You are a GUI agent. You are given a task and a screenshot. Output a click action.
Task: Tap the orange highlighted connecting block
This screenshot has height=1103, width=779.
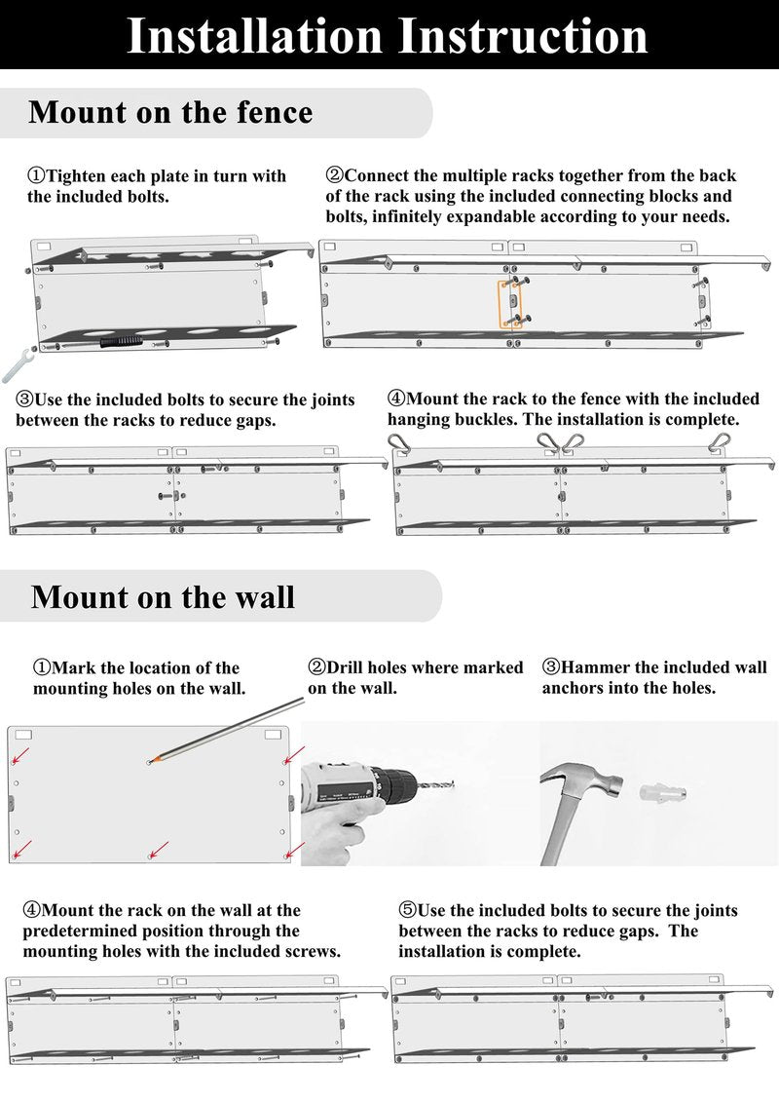[510, 304]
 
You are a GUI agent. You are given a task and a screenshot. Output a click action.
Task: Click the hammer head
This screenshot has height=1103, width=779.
[582, 780]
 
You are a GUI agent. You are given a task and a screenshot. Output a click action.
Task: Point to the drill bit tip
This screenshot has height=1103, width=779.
[454, 783]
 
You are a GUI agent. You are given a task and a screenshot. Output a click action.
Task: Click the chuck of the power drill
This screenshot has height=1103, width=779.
[394, 783]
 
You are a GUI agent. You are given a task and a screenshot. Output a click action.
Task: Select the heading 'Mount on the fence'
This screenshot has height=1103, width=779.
[170, 113]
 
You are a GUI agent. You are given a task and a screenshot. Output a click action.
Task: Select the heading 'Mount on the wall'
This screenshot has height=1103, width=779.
[164, 597]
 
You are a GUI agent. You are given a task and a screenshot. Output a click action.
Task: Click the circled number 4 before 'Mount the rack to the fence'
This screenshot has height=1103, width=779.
[396, 399]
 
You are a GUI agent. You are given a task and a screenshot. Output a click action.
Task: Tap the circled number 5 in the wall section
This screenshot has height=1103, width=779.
[408, 910]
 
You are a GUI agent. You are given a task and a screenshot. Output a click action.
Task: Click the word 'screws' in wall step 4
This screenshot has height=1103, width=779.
[310, 952]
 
